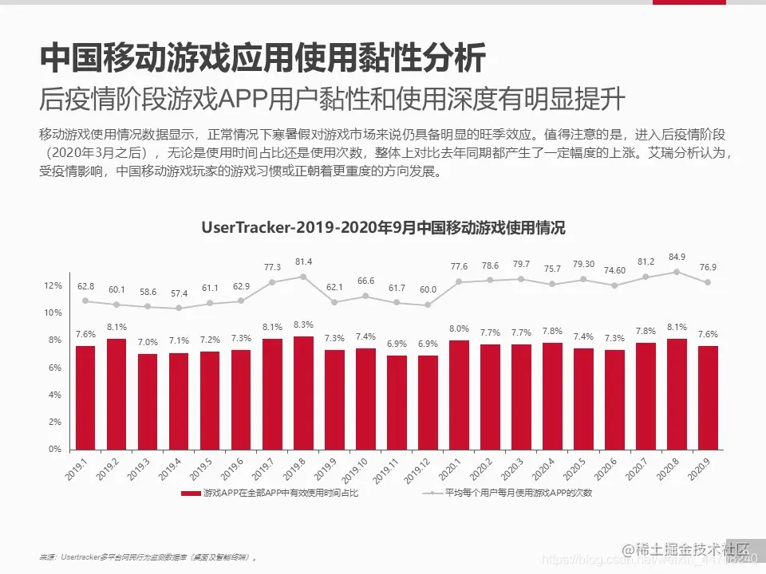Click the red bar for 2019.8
point(303,392)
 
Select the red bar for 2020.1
point(459,395)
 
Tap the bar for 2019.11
point(397,402)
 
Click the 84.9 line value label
point(677,257)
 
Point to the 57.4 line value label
point(179,294)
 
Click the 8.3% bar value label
point(303,325)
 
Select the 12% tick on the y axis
point(53,285)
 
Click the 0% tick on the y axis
point(54,449)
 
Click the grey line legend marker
point(432,493)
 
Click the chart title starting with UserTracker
point(383,228)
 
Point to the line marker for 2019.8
point(303,277)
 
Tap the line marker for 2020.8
point(677,272)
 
